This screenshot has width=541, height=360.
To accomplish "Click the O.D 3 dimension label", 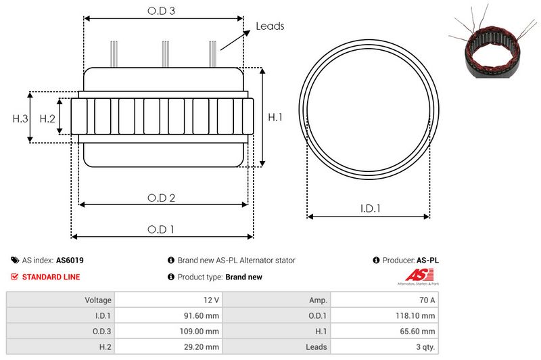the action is pos(161,11).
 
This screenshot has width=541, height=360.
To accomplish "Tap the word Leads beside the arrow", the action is pos(270,26).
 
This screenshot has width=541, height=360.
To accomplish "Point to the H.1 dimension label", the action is pos(275,117).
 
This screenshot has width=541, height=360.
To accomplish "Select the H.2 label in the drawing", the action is pos(47,118).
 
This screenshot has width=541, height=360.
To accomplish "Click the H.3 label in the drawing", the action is pos(20,118).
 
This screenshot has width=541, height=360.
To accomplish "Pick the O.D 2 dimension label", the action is pos(161,198).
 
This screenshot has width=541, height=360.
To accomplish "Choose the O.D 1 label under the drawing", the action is pos(161,229).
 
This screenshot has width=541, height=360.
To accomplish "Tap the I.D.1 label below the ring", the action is pos(370,208).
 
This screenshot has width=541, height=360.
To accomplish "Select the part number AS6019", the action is pos(70,261).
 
